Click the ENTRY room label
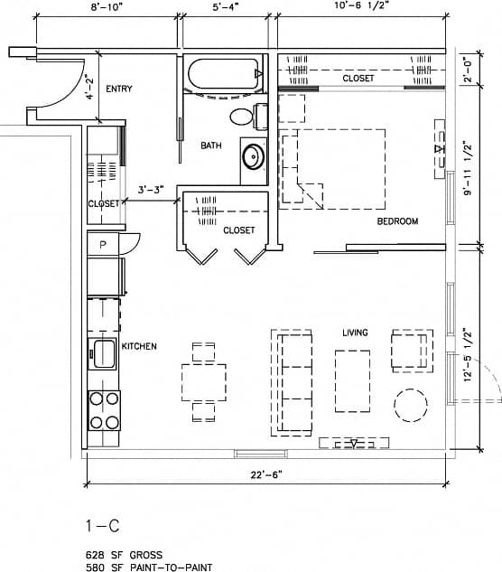(119, 89)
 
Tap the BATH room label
(211, 145)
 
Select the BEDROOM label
(397, 221)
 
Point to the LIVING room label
(355, 333)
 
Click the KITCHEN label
(140, 346)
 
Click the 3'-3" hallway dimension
(151, 191)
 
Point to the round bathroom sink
(253, 156)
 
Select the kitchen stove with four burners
(104, 409)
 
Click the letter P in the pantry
(103, 245)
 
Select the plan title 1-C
(102, 527)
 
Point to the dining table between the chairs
(204, 381)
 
